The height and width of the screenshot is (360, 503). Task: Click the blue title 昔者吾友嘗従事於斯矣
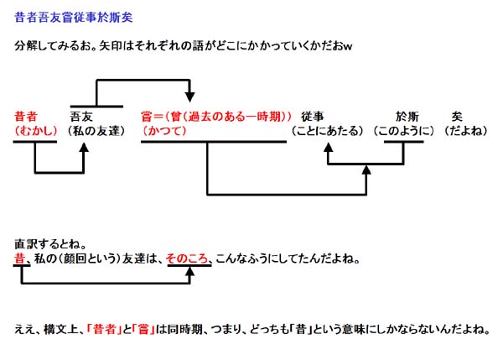pyautogui.click(x=74, y=17)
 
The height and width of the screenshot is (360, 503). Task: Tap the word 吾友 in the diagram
pyautogui.click(x=83, y=115)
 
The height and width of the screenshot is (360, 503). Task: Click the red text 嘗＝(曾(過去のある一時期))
pyautogui.click(x=217, y=115)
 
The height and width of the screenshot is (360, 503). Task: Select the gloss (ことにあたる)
pyautogui.click(x=327, y=131)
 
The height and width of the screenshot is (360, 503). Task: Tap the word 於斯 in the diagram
pyautogui.click(x=407, y=115)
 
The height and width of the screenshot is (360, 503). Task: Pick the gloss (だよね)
pyautogui.click(x=464, y=131)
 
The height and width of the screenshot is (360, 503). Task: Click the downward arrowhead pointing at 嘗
pyautogui.click(x=190, y=96)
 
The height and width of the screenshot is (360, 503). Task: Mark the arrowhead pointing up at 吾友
pyautogui.click(x=85, y=145)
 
